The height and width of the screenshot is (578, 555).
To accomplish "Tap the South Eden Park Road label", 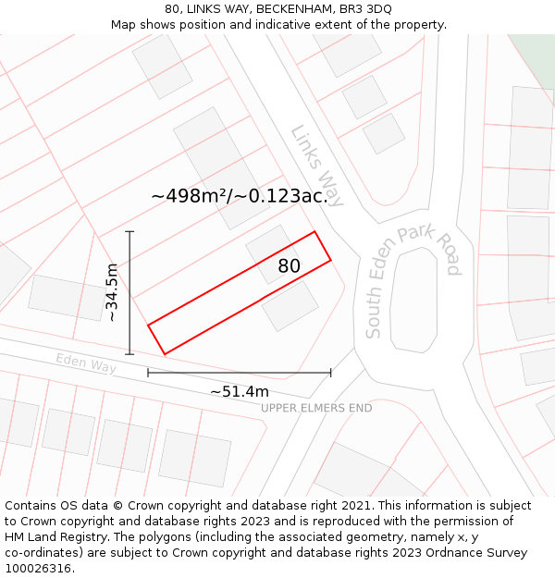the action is (412, 280).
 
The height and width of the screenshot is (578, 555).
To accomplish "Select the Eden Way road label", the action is (86, 363).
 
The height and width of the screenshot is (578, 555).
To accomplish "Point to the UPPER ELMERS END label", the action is (316, 408).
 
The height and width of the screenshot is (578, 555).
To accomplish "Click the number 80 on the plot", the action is (290, 266).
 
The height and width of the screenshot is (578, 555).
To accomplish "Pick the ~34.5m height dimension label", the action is (112, 292).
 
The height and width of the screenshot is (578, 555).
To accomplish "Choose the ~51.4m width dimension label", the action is (239, 391).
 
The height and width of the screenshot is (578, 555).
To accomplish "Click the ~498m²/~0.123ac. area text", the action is (240, 196).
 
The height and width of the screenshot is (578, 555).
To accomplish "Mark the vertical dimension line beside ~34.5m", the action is (129, 292).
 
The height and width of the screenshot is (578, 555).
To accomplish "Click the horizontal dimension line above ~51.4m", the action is (239, 373).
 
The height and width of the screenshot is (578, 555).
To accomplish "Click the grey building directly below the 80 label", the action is (290, 306).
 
